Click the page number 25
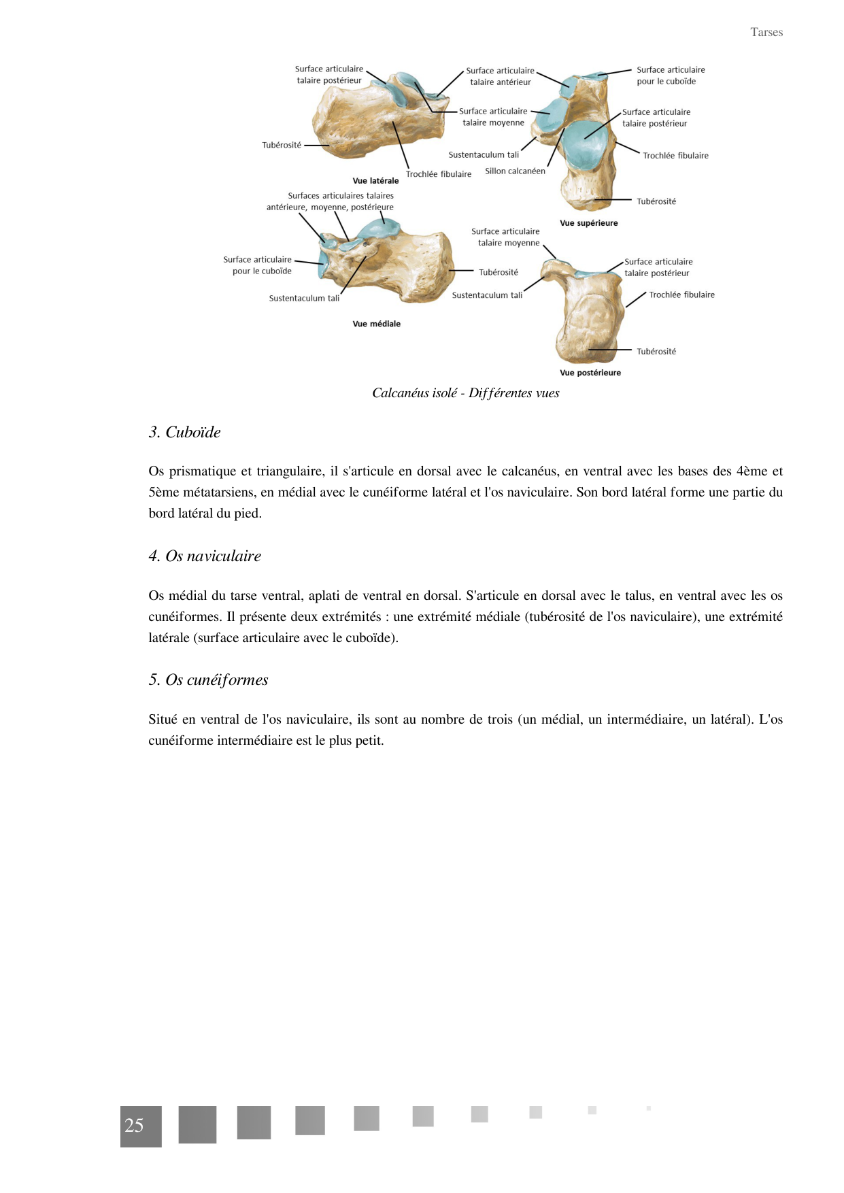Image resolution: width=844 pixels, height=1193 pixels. pyautogui.click(x=135, y=1126)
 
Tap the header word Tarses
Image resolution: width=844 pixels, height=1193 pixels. pyautogui.click(x=766, y=33)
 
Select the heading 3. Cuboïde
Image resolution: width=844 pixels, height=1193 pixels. pyautogui.click(x=184, y=433)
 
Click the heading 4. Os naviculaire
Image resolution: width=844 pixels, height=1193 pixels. pyautogui.click(x=205, y=556)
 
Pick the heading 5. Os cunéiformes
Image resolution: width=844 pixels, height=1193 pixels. pyautogui.click(x=208, y=680)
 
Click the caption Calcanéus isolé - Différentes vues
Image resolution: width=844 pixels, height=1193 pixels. pyautogui.click(x=465, y=393)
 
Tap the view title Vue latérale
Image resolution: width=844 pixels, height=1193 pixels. pyautogui.click(x=375, y=181)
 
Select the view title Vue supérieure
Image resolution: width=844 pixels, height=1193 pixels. pyautogui.click(x=588, y=223)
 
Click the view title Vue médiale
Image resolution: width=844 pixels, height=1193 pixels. pyautogui.click(x=376, y=324)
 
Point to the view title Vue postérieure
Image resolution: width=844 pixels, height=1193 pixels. pyautogui.click(x=590, y=373)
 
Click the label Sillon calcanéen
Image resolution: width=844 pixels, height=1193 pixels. pyautogui.click(x=515, y=171)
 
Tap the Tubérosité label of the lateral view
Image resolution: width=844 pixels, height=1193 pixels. pyautogui.click(x=282, y=146)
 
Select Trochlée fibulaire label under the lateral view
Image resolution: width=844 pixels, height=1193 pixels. pyautogui.click(x=438, y=174)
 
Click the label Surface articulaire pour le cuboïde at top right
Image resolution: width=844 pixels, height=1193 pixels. pyautogui.click(x=670, y=75)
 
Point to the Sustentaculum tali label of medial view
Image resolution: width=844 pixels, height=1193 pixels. pyautogui.click(x=304, y=299)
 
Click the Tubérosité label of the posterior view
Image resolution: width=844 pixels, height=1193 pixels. pyautogui.click(x=656, y=352)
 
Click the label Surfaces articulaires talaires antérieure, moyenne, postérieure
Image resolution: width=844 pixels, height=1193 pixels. pyautogui.click(x=331, y=202)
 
